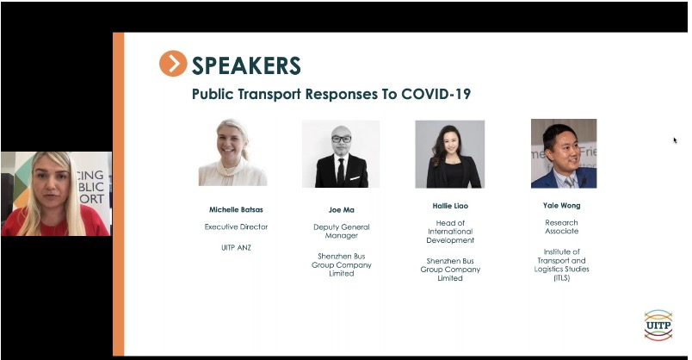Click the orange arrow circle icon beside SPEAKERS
point(173,63)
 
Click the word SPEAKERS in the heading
point(246,65)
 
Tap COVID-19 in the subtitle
point(436,94)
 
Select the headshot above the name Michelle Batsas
point(232,152)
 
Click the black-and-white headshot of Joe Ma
point(341,153)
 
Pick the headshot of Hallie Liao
point(449,154)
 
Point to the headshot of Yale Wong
point(564,153)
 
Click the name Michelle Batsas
point(236,209)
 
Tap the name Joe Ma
point(341,210)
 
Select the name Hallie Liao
point(450,206)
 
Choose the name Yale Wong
point(561,205)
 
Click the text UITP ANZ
point(236,248)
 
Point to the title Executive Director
point(236,227)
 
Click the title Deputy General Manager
point(342,231)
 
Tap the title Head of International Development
point(450,232)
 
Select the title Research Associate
point(561,227)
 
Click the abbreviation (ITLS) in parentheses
point(561,278)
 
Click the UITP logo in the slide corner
point(658,325)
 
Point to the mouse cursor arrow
point(675,140)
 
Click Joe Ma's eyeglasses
point(341,140)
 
